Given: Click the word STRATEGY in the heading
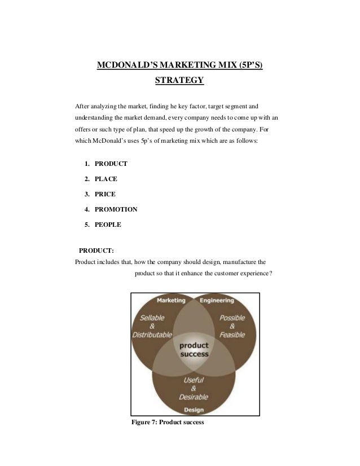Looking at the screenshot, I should click(179, 81).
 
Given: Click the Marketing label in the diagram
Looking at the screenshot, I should click(171, 300).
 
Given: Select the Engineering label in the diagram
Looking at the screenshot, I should click(217, 300).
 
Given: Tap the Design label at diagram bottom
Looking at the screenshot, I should click(194, 410).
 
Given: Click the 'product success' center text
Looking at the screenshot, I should click(194, 350).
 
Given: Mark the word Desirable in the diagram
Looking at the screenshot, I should click(194, 397).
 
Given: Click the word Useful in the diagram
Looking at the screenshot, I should click(194, 380).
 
